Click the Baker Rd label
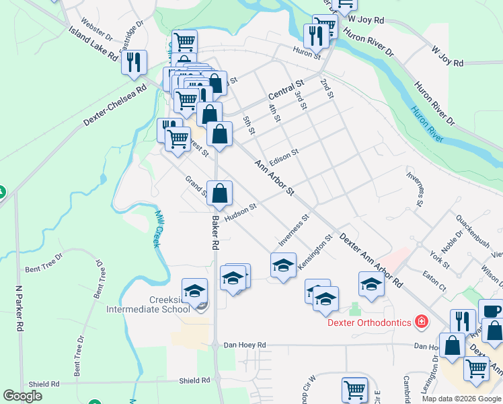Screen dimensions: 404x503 point(216,232)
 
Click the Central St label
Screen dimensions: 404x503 point(286,88)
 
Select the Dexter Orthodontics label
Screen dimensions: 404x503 point(369,323)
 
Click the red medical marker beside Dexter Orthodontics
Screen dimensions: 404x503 point(422,322)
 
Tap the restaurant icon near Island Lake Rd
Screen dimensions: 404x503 point(134,62)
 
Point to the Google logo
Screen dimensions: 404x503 point(23,396)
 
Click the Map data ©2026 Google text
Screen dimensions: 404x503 point(461,398)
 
